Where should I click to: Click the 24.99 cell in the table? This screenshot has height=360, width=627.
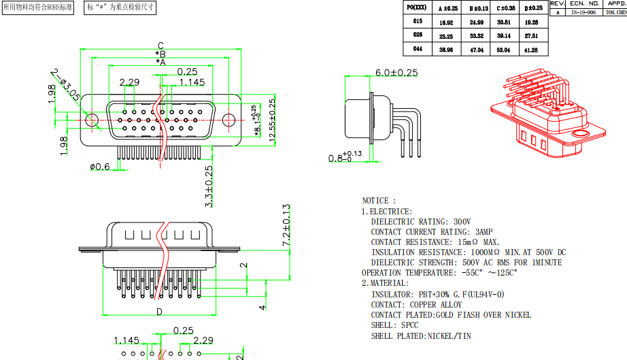coord(476,22)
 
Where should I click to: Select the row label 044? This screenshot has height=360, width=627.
coord(418,50)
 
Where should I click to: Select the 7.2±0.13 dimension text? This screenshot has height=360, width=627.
coord(286,225)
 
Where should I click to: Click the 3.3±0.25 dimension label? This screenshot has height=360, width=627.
coord(209,185)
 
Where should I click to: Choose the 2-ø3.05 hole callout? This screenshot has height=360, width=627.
coord(67,86)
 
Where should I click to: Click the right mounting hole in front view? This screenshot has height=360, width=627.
coord(230,120)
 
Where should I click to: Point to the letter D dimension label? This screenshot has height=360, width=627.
coord(159,312)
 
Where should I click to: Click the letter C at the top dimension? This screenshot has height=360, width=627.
coord(160,46)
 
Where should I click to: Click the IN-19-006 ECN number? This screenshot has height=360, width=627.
coord(583,12)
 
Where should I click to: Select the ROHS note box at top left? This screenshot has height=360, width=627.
coord(38,8)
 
